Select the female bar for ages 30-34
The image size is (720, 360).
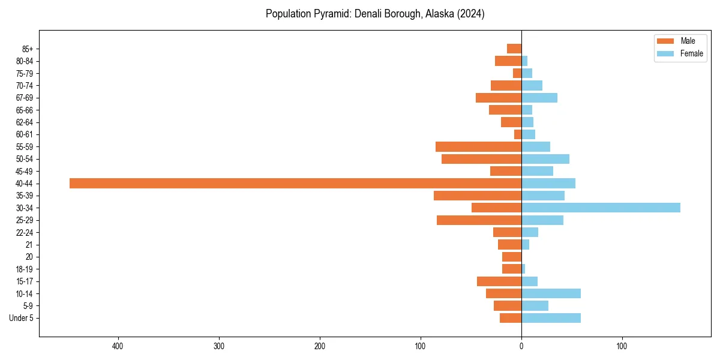[x=601, y=208]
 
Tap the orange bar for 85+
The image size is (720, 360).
[x=514, y=49]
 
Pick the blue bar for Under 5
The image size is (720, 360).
[x=551, y=318]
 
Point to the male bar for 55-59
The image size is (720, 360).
[x=478, y=146]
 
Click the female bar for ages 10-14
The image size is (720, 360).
[x=551, y=293]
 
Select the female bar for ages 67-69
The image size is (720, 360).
[x=539, y=98]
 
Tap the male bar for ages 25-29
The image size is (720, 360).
[x=479, y=220]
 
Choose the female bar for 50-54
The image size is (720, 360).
[x=545, y=159]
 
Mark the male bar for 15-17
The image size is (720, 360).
[x=499, y=281]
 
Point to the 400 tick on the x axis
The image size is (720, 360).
[x=118, y=346]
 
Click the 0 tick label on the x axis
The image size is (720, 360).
[x=521, y=346]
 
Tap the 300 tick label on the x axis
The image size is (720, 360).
[x=219, y=346]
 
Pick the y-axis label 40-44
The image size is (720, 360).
[x=25, y=184]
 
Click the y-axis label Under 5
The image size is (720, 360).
[x=21, y=318]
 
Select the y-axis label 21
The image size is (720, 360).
[x=29, y=245]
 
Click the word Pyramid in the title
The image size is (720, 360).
[x=328, y=14]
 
